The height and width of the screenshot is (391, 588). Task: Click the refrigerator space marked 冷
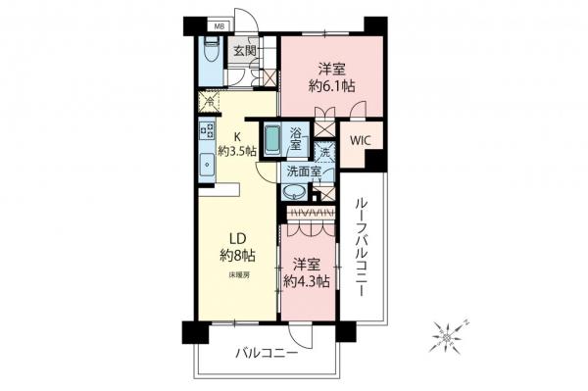pyautogui.click(x=208, y=101)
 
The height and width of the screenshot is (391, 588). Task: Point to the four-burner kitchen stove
pyautogui.click(x=207, y=131)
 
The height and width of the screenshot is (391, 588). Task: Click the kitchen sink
pyautogui.click(x=207, y=165)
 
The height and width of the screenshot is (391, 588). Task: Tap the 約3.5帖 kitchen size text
pyautogui.click(x=238, y=151)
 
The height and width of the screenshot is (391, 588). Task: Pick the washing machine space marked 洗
pyautogui.click(x=324, y=152)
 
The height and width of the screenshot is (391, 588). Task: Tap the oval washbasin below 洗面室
pyautogui.click(x=294, y=192)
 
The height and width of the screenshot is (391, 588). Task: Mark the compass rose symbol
pyautogui.click(x=450, y=336)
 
